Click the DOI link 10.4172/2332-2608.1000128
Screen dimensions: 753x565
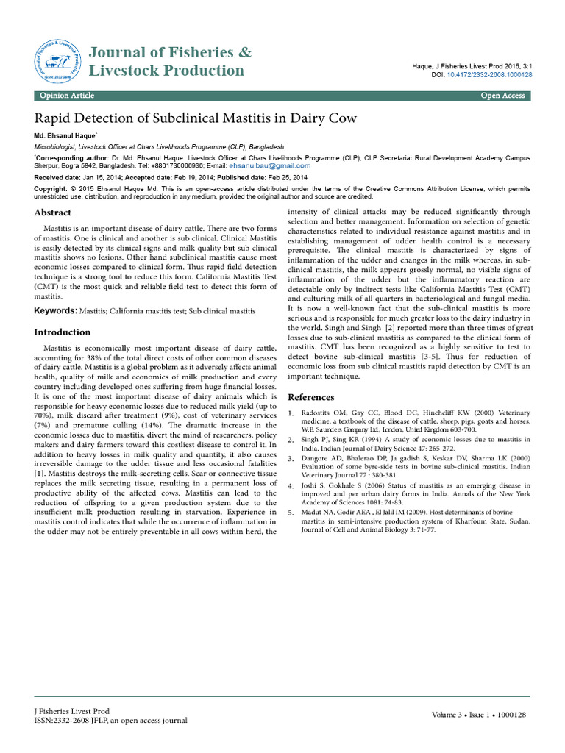[x=494, y=75]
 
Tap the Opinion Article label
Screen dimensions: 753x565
[x=68, y=96]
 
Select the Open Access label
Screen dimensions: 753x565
[x=502, y=96]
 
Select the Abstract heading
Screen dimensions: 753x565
[x=54, y=213]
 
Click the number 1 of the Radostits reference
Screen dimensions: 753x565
[x=291, y=414]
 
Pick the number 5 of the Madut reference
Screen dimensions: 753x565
[x=291, y=511]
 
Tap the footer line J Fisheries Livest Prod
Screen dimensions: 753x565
[x=72, y=711]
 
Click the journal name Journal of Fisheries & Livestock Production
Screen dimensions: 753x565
[x=169, y=61]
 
